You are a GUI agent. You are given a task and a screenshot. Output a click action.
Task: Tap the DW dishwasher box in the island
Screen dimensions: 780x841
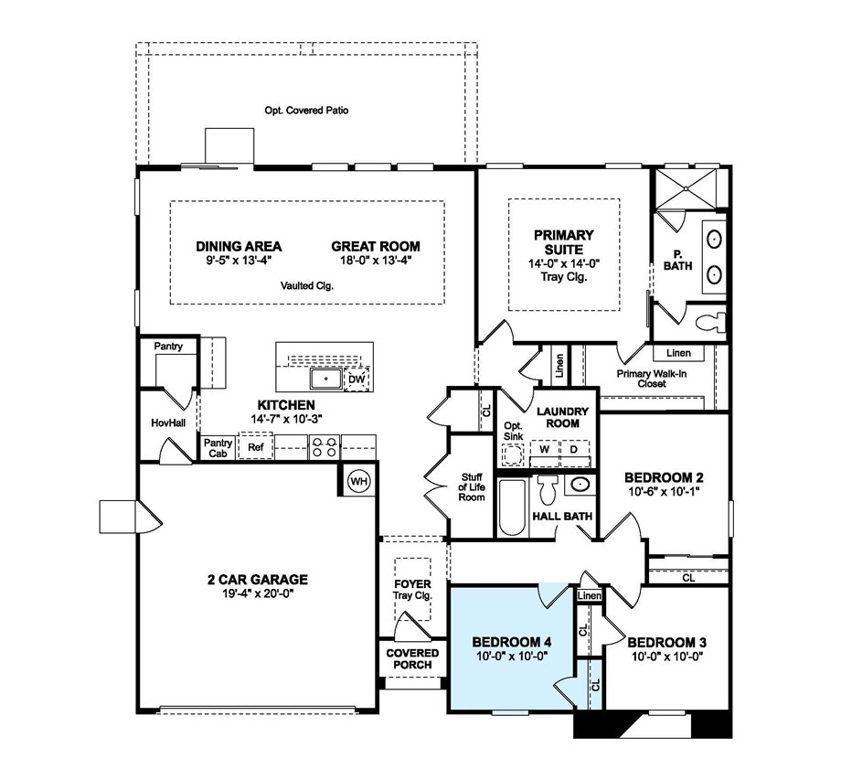[357, 379]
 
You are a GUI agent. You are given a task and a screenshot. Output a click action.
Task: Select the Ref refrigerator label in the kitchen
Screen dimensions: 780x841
[256, 447]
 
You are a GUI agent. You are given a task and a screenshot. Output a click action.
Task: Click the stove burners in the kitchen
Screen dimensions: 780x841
[325, 446]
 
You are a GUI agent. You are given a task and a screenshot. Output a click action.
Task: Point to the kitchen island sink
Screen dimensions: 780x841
[325, 378]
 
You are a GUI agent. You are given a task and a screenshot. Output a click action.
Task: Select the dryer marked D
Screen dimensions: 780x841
[574, 450]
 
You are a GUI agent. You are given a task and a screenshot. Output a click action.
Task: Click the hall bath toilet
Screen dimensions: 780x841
[548, 490]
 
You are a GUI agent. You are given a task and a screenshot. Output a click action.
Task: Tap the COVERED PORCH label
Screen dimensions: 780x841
[412, 658]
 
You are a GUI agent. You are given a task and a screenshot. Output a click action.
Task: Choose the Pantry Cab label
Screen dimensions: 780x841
[217, 446]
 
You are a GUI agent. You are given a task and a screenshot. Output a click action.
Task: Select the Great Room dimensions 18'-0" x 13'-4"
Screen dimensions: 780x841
[376, 259]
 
